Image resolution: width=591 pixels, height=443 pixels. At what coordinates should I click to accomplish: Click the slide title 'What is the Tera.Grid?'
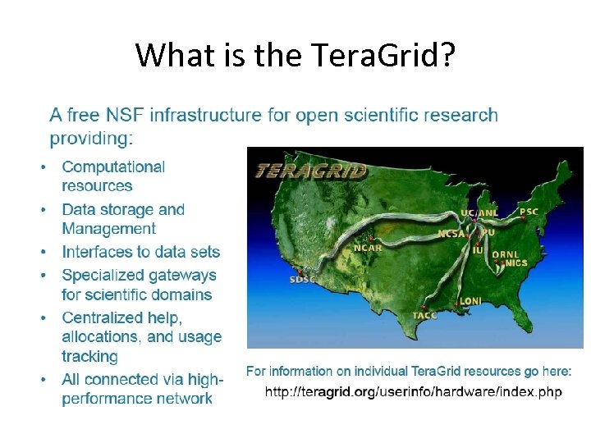pyautogui.click(x=295, y=55)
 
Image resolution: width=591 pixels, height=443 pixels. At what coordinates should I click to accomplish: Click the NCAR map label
pyautogui.click(x=367, y=247)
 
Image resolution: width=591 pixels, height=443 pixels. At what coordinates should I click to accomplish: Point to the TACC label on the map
pyautogui.click(x=424, y=315)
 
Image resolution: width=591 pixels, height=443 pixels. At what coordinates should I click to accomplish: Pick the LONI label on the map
pyautogui.click(x=470, y=301)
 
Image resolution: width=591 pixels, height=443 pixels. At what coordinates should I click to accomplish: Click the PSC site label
pyautogui.click(x=529, y=212)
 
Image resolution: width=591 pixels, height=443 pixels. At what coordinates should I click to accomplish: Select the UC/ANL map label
pyautogui.click(x=479, y=212)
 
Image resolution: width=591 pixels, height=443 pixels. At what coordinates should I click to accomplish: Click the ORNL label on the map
pyautogui.click(x=504, y=254)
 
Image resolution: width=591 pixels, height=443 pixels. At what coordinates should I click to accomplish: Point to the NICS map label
pyautogui.click(x=516, y=263)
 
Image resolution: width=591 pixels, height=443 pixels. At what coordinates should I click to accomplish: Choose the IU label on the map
pyautogui.click(x=478, y=250)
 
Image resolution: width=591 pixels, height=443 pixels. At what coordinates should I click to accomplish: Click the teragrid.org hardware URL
pyautogui.click(x=413, y=392)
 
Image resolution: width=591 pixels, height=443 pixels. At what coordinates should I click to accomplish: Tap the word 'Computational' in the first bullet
pyautogui.click(x=113, y=167)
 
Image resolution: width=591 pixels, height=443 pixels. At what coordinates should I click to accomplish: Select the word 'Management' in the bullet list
pyautogui.click(x=108, y=230)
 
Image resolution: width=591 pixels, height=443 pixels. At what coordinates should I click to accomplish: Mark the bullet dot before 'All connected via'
pyautogui.click(x=44, y=381)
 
